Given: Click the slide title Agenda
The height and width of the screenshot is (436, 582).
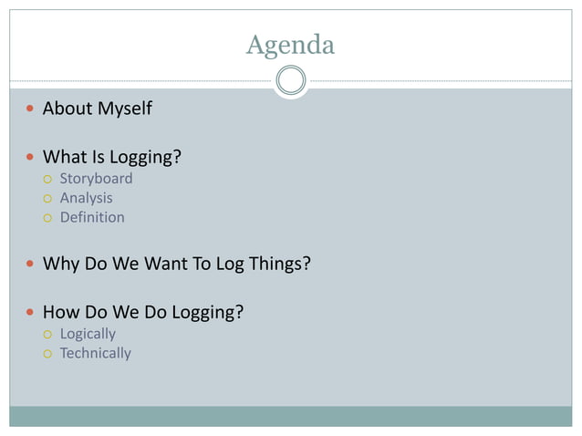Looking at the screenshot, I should pos(290,44).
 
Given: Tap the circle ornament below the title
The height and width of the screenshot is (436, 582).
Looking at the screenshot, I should pos(290,81).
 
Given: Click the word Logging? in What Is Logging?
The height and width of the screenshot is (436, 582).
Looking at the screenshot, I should pos(146,158).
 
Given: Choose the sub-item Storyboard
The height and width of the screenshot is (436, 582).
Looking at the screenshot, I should pos(96,179).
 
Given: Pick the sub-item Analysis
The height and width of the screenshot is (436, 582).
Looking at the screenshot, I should pos(87,198).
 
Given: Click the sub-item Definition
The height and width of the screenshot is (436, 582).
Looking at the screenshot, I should pos(92,217).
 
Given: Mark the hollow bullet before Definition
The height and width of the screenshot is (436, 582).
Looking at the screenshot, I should pos(47,218).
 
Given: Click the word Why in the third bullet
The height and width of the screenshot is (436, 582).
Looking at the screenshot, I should pos(61,265).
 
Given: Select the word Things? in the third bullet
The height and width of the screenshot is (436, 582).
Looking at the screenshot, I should pos(277,265).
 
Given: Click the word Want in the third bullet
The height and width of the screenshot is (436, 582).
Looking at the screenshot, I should pos(164,265).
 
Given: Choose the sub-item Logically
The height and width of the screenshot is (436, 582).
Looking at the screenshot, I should pos(88,334).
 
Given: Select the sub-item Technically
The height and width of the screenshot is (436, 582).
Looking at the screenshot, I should pos(96,353).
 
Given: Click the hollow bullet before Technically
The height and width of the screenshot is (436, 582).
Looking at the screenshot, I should pos(47,354).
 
